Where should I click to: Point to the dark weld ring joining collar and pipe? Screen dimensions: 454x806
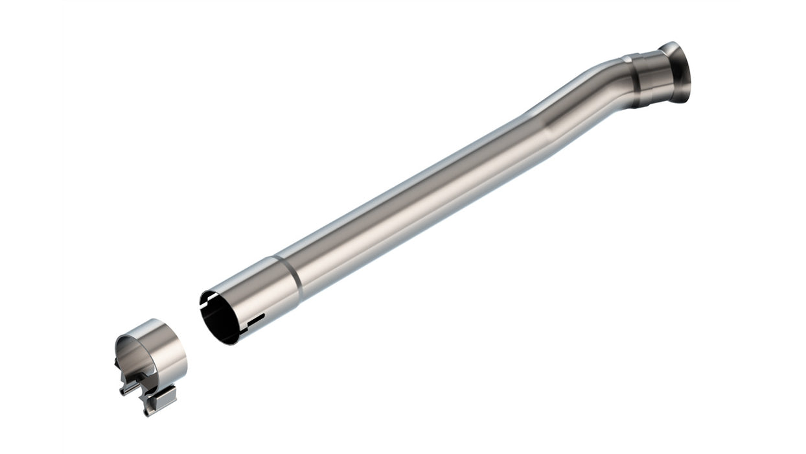[628, 60]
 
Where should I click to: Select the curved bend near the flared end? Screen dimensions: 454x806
[583, 97]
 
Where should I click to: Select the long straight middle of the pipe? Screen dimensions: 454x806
[415, 195]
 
